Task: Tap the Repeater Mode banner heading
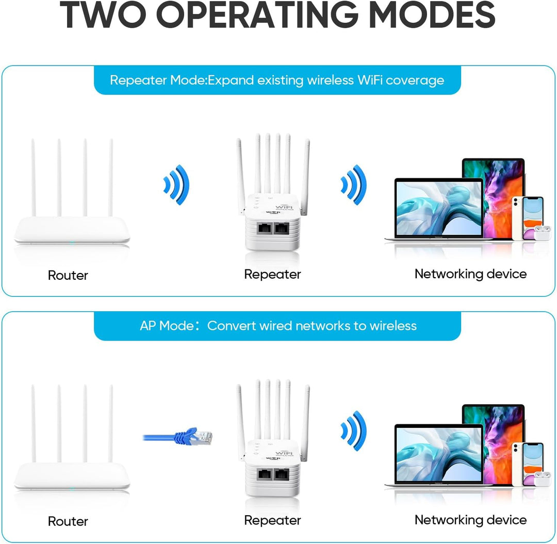click(x=277, y=80)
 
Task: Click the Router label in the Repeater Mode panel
click(x=68, y=275)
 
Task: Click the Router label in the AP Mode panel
click(x=68, y=521)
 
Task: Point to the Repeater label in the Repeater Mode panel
click(x=272, y=274)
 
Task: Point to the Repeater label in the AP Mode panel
click(x=272, y=520)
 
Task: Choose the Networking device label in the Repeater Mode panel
click(x=470, y=274)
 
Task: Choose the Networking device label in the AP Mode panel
click(x=470, y=520)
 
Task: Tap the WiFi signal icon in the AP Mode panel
click(x=354, y=430)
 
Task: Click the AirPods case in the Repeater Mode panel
click(x=542, y=234)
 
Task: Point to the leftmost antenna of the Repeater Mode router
click(x=33, y=178)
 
